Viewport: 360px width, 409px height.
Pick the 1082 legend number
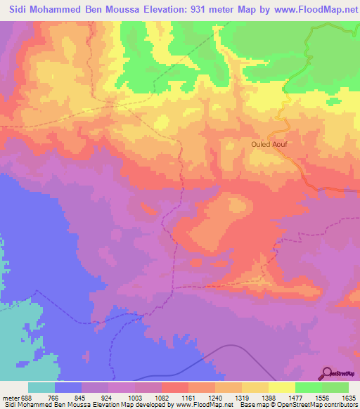tap(162, 397)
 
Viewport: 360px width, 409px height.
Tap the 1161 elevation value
tap(189, 397)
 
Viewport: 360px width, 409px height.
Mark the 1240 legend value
tap(216, 397)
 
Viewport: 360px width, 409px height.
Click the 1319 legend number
tap(243, 397)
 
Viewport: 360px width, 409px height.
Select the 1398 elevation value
tap(269, 397)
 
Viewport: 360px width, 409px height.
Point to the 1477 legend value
tap(296, 397)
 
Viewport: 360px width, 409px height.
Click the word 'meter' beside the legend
tap(10, 397)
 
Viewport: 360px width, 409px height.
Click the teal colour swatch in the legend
tap(41, 387)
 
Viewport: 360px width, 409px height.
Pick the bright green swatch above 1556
tap(309, 387)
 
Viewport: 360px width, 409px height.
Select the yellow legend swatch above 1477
tap(282, 387)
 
